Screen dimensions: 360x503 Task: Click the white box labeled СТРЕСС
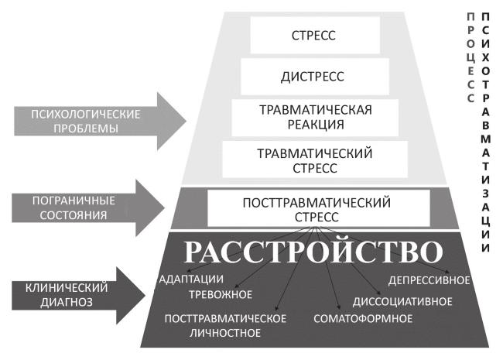315,35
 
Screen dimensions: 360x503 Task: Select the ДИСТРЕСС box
315,76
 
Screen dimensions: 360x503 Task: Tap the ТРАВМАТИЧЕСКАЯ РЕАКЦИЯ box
315,116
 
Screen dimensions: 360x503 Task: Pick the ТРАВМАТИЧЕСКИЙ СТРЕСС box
315,159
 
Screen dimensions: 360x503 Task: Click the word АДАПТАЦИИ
191,279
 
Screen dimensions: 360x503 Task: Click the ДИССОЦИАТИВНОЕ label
403,301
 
